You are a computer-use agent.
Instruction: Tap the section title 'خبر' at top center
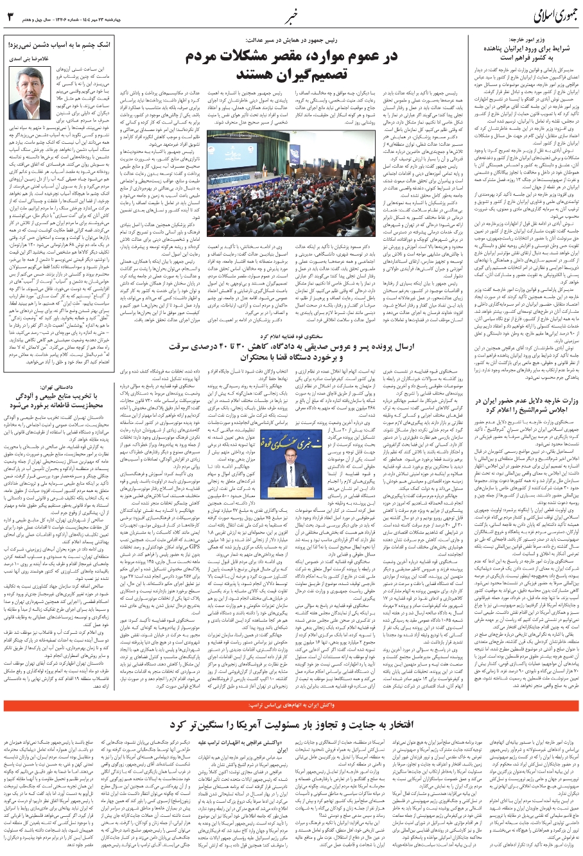(293, 14)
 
